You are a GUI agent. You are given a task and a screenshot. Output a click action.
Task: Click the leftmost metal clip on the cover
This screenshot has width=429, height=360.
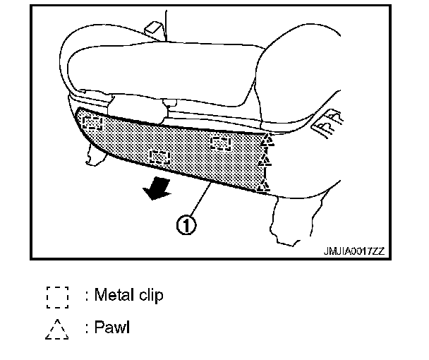92,124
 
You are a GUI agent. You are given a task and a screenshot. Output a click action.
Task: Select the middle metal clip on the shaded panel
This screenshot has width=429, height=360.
160,156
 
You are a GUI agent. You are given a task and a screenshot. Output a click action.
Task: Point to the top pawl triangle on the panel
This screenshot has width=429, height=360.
265,140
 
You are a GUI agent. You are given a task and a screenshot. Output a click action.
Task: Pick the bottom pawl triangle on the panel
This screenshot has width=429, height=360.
264,185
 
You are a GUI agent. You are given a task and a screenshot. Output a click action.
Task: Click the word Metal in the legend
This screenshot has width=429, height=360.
114,295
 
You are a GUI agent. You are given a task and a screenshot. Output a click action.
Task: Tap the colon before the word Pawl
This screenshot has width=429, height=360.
87,328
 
